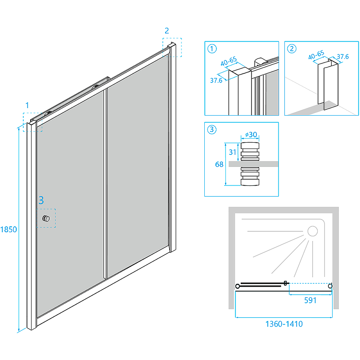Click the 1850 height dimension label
[x=9, y=229]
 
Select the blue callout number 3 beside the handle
[x=41, y=200]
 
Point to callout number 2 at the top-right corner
[x=167, y=31]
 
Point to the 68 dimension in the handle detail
[x=219, y=164]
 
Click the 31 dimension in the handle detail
[x=233, y=152]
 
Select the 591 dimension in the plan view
[x=310, y=300]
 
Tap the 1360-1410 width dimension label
[x=284, y=324]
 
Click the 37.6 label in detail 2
[x=343, y=57]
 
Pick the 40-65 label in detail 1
[x=229, y=61]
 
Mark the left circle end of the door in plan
[x=238, y=286]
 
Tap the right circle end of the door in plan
[x=330, y=286]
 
